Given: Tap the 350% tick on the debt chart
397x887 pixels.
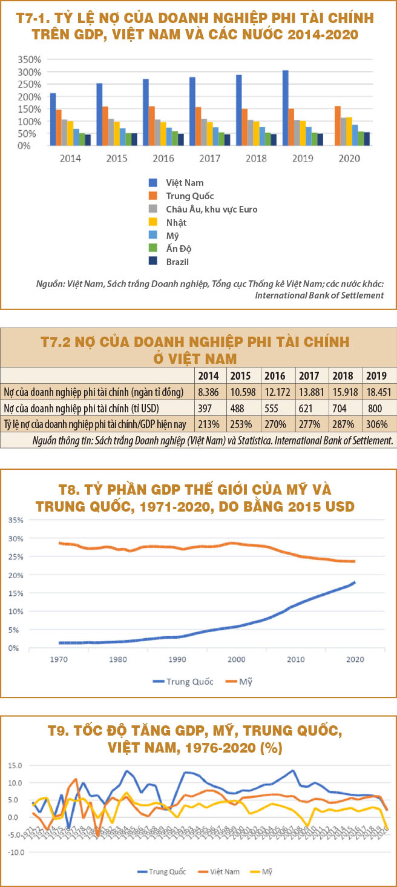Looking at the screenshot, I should click(29, 59).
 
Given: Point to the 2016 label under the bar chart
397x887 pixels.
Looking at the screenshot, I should click(163, 158).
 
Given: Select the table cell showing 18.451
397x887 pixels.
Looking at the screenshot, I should click(379, 392).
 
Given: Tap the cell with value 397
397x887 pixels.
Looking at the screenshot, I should click(209, 407).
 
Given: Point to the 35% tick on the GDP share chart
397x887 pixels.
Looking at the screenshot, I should click(16, 519).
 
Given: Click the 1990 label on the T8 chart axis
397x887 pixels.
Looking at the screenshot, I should click(177, 659).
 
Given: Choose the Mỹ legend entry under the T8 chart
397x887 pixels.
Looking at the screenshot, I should click(245, 681).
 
